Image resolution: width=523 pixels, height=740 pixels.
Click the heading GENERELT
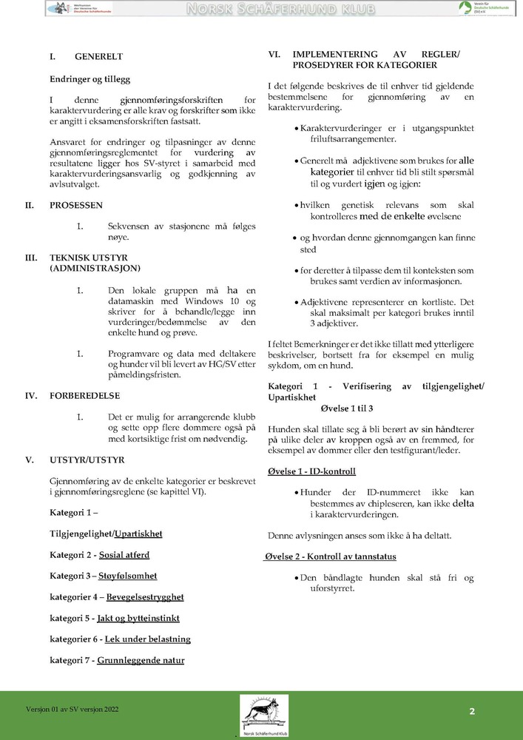tap(98, 56)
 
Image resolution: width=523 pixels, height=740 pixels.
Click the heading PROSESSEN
tap(76, 205)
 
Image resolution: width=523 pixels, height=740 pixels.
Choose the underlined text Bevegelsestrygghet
tap(145, 596)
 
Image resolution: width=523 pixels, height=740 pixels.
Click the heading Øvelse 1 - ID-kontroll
tap(311, 471)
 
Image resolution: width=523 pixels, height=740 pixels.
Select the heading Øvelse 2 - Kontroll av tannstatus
tap(331, 556)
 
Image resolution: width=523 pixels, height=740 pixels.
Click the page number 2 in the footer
tap(471, 711)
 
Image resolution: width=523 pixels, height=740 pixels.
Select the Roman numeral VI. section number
tap(273, 55)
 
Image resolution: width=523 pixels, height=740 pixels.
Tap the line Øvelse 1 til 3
tap(346, 408)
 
